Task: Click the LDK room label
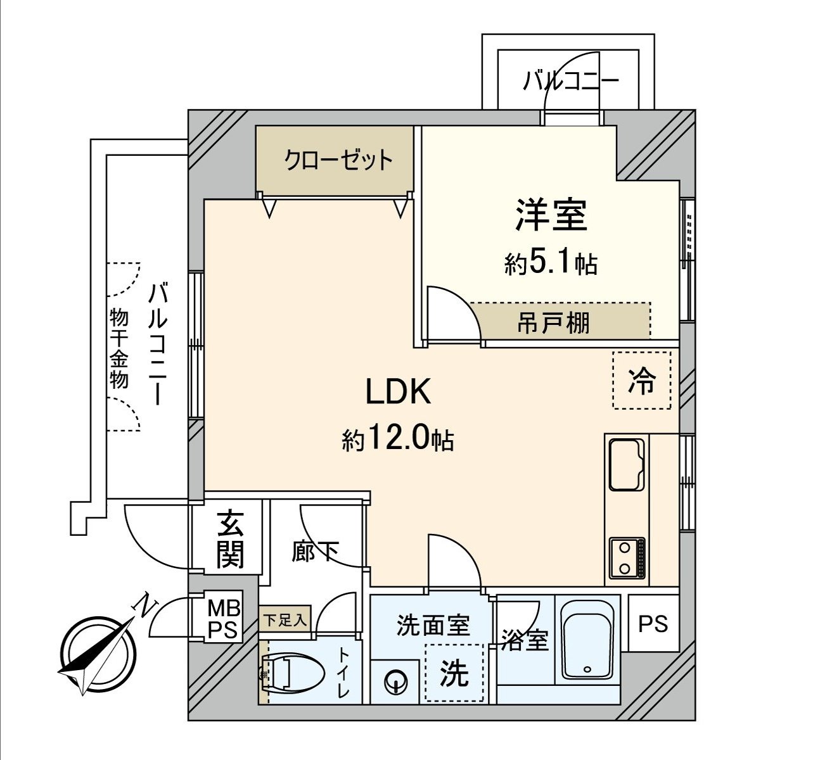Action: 399,391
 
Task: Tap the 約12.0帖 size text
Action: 398,438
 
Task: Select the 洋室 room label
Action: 551,215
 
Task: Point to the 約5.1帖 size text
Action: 551,262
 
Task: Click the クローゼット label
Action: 338,160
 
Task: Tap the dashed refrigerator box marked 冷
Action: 641,381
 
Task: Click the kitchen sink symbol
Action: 627,464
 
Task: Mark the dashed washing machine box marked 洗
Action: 454,673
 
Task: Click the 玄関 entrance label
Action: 229,539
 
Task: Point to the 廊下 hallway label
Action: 315,551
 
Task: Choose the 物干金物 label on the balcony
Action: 118,348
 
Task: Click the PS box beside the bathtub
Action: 653,624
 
